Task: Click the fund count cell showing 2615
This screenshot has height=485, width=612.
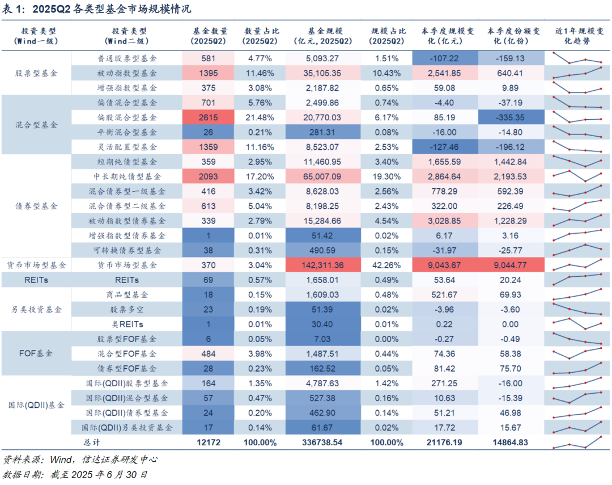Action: pyautogui.click(x=208, y=117)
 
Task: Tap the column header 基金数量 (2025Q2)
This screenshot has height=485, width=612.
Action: pyautogui.click(x=208, y=36)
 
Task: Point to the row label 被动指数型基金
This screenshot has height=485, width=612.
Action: pyautogui.click(x=127, y=73)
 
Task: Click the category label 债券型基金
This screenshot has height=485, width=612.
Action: pyautogui.click(x=36, y=206)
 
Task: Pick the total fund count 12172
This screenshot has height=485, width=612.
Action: pyautogui.click(x=208, y=442)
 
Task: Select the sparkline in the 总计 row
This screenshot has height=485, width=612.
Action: pyautogui.click(x=577, y=442)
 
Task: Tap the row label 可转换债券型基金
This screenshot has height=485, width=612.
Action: pyautogui.click(x=127, y=250)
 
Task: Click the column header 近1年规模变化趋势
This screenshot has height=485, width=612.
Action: pyautogui.click(x=577, y=36)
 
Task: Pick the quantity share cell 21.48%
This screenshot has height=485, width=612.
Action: pyautogui.click(x=261, y=117)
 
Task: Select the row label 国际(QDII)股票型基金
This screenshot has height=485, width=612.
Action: pyautogui.click(x=127, y=383)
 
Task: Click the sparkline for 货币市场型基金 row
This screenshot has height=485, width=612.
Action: pyautogui.click(x=577, y=265)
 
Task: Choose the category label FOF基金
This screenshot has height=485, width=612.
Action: pyautogui.click(x=36, y=353)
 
